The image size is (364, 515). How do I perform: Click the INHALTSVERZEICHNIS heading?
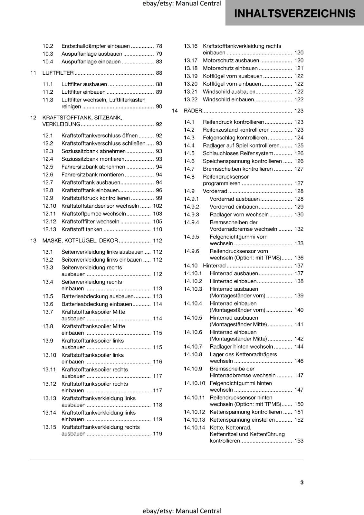(295, 14)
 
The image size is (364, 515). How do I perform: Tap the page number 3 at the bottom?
(302, 482)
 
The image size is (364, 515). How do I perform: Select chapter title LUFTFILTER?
(58, 73)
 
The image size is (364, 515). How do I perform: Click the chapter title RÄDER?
(193, 111)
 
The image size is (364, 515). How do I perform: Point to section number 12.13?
(49, 229)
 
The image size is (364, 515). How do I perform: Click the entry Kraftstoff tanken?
(82, 229)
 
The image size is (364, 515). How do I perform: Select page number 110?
(158, 229)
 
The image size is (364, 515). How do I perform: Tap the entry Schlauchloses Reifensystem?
(238, 154)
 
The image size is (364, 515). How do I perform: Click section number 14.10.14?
(195, 428)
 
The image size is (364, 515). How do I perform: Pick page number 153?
(299, 441)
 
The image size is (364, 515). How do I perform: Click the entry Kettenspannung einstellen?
(242, 420)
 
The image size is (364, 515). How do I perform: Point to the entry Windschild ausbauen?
(229, 92)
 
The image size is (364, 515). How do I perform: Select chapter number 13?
(33, 241)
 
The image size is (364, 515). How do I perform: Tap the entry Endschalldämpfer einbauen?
(96, 46)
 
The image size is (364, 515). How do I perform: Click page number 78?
(159, 46)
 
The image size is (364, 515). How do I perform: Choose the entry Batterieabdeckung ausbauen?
(97, 296)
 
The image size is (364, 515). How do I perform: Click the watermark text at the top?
(182, 4)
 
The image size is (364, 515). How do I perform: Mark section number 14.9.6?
(191, 251)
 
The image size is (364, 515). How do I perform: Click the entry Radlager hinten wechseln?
(241, 347)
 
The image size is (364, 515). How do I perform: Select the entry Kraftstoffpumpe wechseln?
(93, 214)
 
